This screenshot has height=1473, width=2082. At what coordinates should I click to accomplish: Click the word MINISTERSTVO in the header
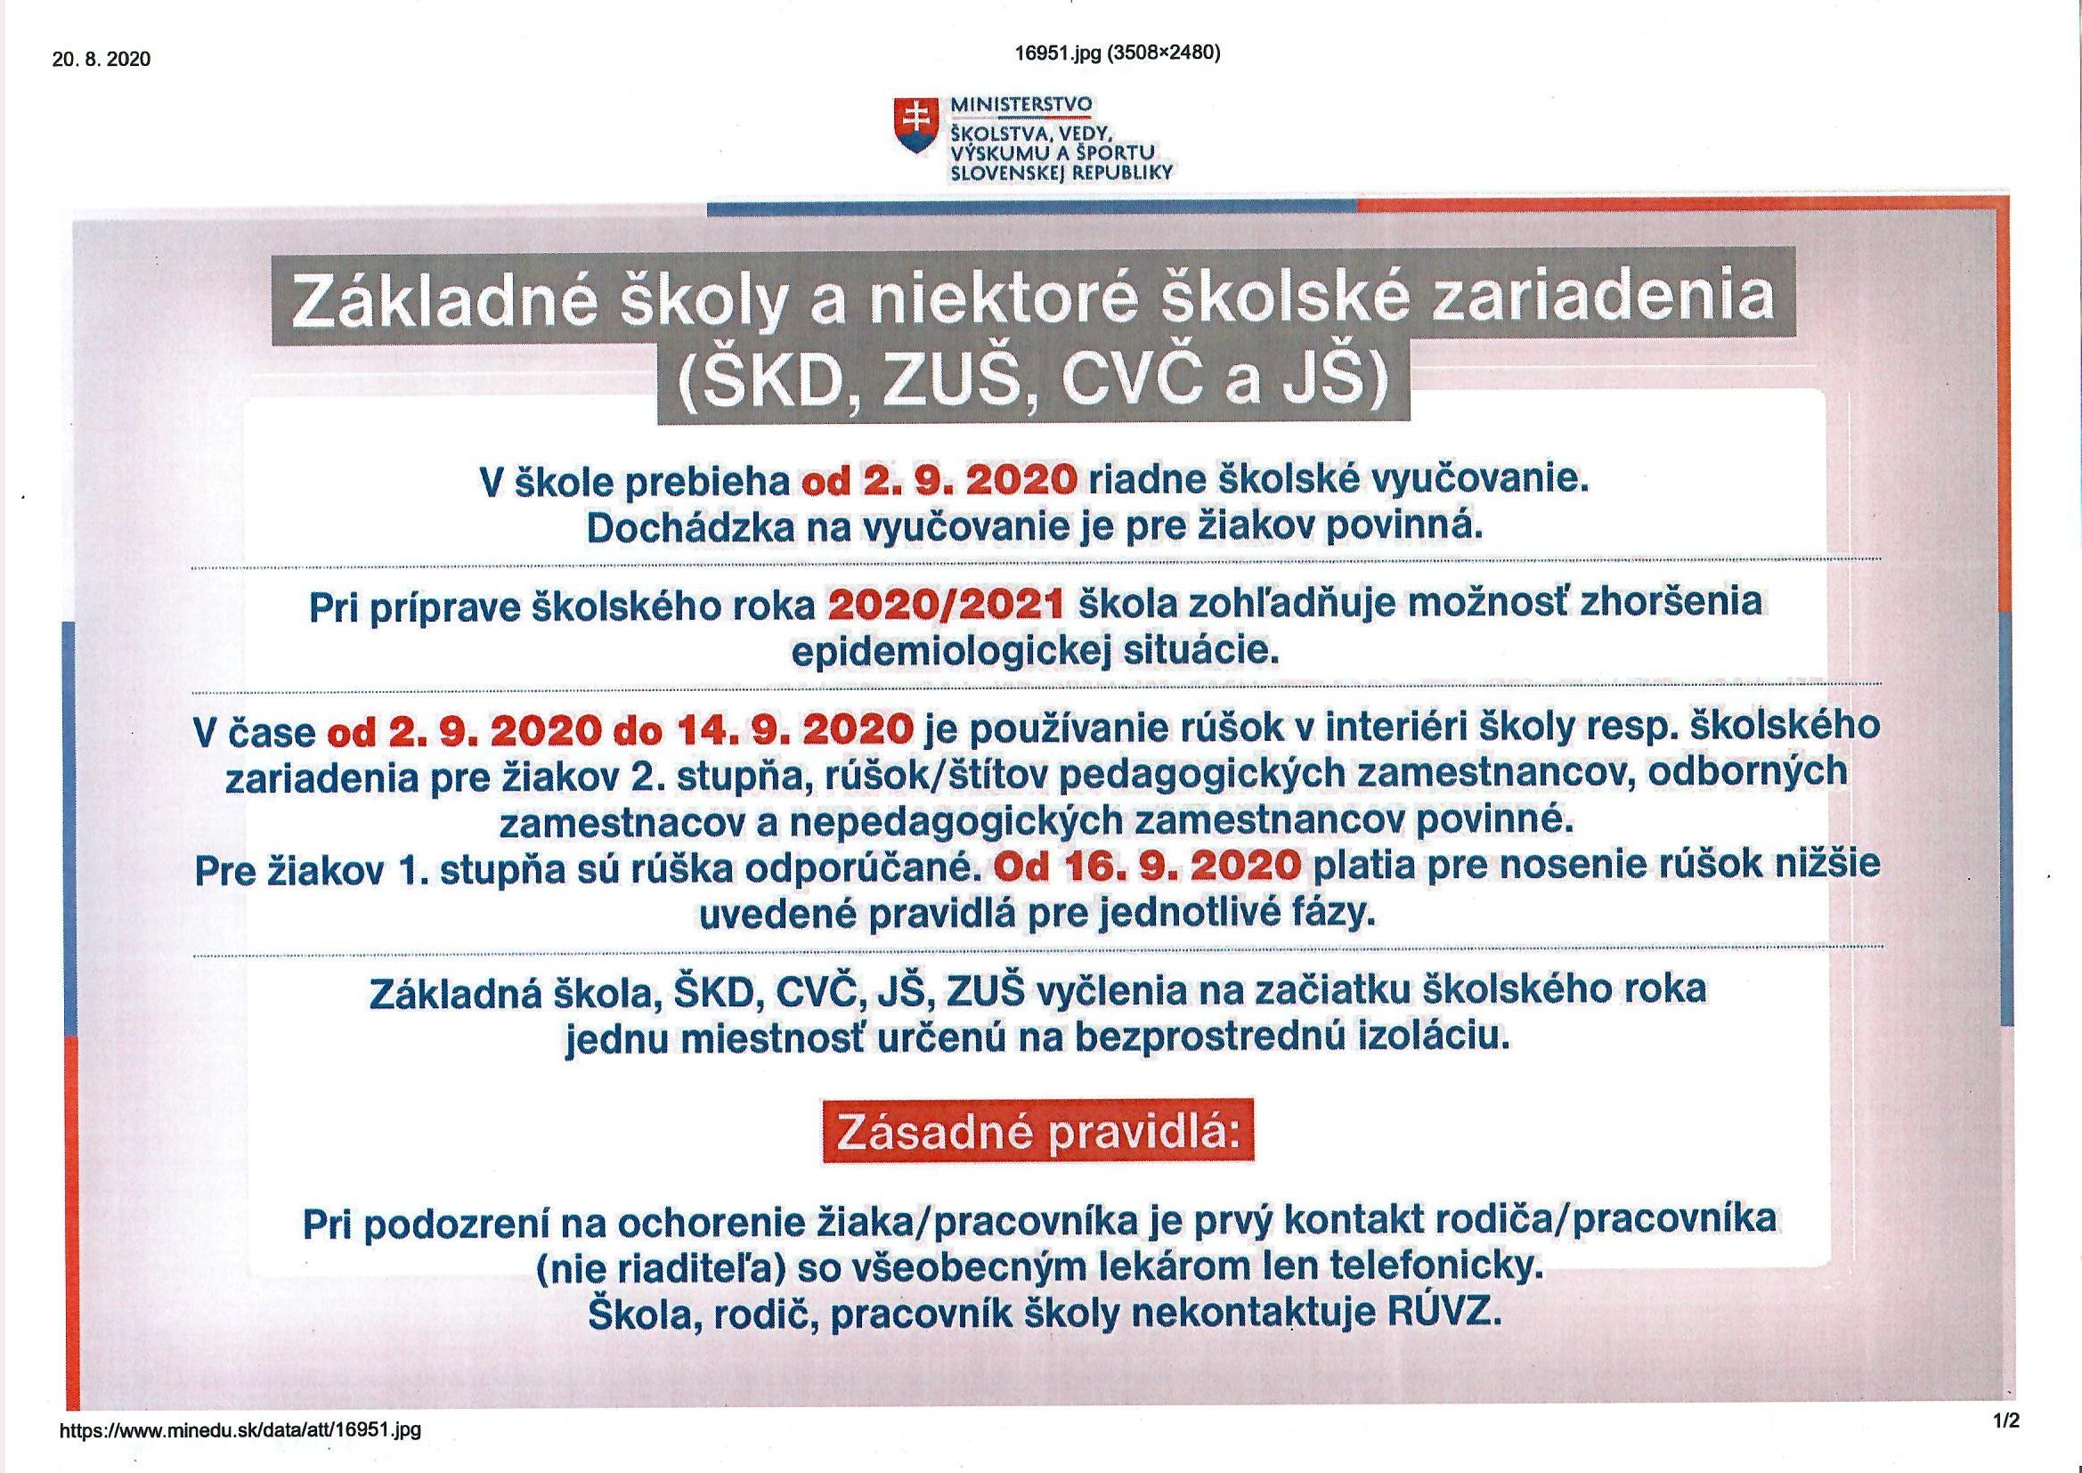(x=1021, y=105)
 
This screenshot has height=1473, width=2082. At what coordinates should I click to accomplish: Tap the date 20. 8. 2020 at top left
(x=102, y=60)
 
